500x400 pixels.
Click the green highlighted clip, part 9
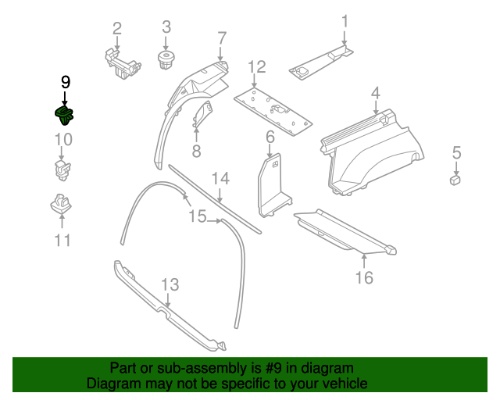64,115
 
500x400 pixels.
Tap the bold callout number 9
66,82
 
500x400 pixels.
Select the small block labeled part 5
455,180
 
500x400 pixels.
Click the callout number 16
364,278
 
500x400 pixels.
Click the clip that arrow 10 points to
62,170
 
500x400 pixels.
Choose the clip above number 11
61,204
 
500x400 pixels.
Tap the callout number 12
257,67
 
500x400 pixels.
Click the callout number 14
220,179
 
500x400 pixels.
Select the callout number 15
198,216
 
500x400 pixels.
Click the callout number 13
170,284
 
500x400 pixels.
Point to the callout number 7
222,38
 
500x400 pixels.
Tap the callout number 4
376,93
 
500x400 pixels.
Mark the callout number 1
345,22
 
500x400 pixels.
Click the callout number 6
270,137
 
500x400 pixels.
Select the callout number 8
196,151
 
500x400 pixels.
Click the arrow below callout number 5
456,167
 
